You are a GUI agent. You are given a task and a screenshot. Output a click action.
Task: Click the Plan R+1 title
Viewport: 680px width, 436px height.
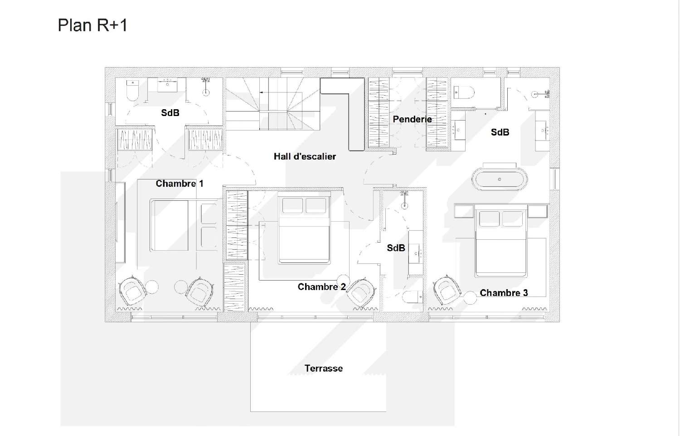pyautogui.click(x=92, y=25)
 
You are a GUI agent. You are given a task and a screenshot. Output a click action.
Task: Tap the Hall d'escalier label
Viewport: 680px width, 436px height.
pyautogui.click(x=305, y=156)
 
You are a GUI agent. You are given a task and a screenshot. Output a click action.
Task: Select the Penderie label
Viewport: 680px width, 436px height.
pyautogui.click(x=412, y=119)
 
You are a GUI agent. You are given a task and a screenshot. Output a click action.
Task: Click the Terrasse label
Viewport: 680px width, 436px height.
pyautogui.click(x=324, y=368)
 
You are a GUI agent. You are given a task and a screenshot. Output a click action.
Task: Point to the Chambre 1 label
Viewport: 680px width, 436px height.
pyautogui.click(x=180, y=184)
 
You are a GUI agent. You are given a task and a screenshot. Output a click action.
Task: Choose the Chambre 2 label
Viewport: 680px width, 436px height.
pyautogui.click(x=322, y=287)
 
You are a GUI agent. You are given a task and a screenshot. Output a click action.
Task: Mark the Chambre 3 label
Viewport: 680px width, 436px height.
pyautogui.click(x=504, y=293)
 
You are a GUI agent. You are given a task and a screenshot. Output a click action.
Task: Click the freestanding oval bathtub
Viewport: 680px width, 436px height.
pyautogui.click(x=500, y=179)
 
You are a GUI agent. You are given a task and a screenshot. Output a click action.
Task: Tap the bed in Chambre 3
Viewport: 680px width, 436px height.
pyautogui.click(x=501, y=241)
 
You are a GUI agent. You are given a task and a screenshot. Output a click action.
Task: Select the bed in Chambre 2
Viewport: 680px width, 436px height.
pyautogui.click(x=304, y=228)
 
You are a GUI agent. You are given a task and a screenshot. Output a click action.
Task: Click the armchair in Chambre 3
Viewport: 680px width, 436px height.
pyautogui.click(x=447, y=290)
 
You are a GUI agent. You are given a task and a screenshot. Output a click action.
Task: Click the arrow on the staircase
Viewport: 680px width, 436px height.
pyautogui.click(x=266, y=92)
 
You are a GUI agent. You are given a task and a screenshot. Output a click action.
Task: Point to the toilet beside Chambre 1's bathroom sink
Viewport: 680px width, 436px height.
pyautogui.click(x=132, y=90)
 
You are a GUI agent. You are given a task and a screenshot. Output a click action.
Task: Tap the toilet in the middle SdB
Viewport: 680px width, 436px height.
pyautogui.click(x=413, y=297)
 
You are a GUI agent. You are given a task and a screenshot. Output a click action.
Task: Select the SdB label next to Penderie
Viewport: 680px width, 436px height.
pyautogui.click(x=500, y=132)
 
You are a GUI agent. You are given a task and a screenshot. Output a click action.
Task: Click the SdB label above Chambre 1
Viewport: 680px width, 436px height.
pyautogui.click(x=170, y=113)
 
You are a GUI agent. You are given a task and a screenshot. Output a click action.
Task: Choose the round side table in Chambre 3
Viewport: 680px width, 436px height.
pyautogui.click(x=470, y=297)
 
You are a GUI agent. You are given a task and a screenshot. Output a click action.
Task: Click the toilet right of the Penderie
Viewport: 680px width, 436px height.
pyautogui.click(x=464, y=92)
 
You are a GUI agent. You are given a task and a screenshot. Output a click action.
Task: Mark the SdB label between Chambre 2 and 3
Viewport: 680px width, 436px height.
pyautogui.click(x=396, y=248)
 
